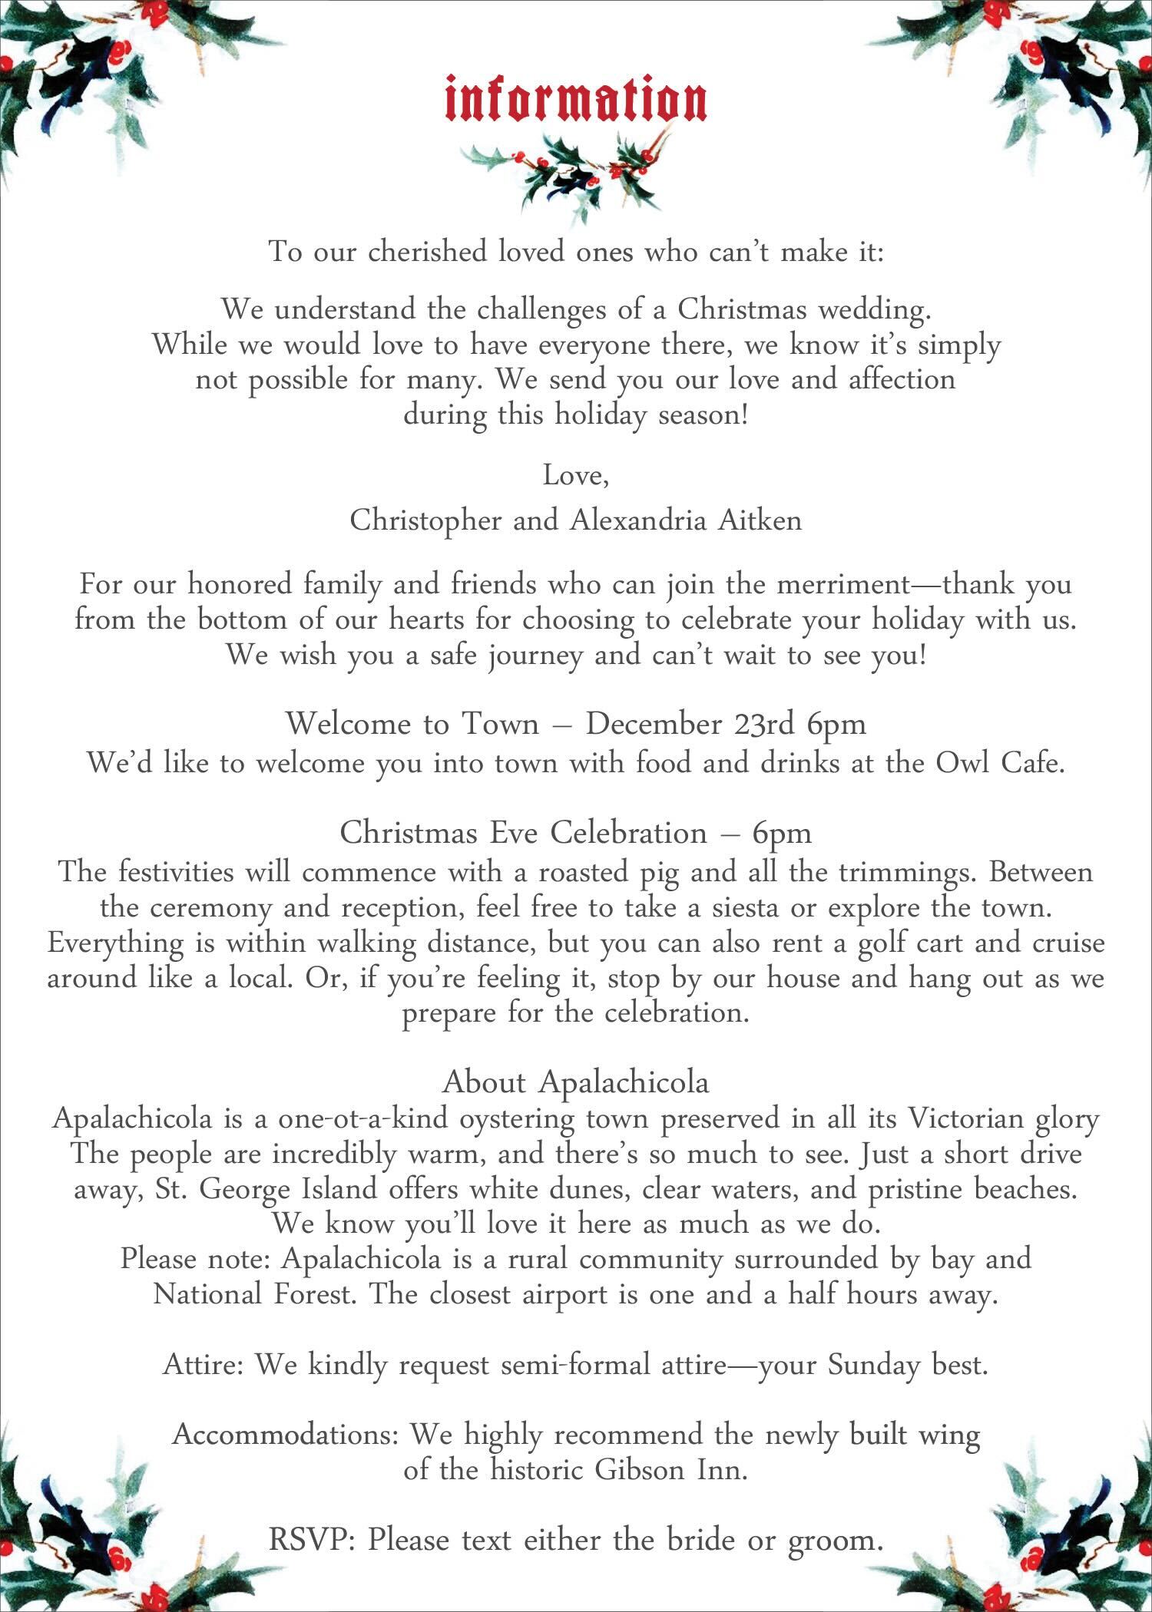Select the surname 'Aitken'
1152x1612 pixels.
760,520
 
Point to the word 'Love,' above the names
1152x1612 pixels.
576,476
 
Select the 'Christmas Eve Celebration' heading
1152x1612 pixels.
523,833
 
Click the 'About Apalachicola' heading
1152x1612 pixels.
576,1082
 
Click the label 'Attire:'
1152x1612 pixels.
204,1366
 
